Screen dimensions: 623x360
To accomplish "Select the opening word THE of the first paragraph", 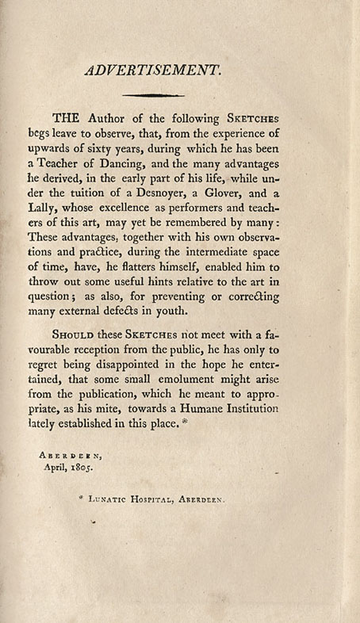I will coord(91,118).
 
